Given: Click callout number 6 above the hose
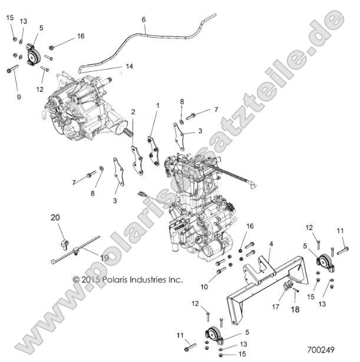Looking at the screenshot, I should pos(144,19).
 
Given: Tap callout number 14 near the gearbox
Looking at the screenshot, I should pos(129,67).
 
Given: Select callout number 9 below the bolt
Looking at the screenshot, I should pos(18,97).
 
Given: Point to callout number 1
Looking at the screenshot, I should pos(157,105).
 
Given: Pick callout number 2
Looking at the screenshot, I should pos(133,111).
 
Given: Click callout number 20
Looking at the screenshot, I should pos(55,217).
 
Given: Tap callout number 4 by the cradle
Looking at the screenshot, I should pos(270,244).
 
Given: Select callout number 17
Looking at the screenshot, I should pos(275,306).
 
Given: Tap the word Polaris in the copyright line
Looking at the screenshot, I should pos(117,280).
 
